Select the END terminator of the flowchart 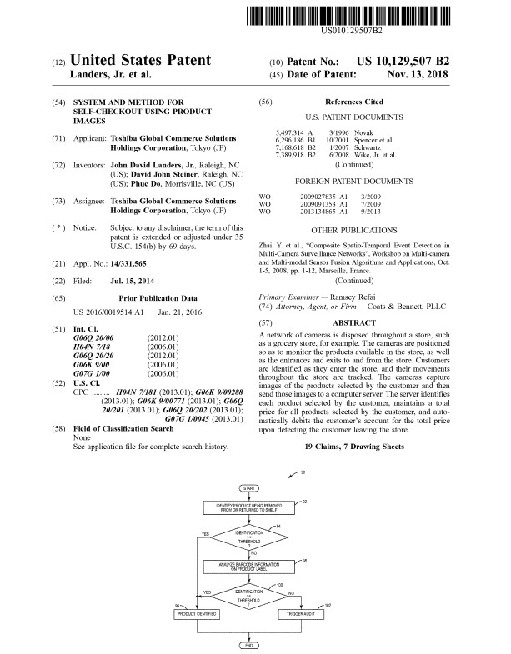pos(247,646)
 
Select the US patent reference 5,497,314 pos(288,133)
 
